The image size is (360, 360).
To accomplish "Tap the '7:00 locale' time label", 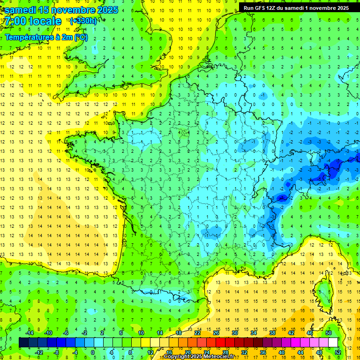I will (x=33, y=21).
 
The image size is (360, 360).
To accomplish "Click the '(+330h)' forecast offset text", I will (x=83, y=21).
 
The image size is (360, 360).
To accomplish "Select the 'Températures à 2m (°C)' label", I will (x=46, y=37).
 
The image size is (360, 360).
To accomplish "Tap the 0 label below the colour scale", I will (x=93, y=352).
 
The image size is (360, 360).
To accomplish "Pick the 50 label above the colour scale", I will (x=329, y=333).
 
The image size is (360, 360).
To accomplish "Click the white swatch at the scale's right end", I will (x=333, y=343).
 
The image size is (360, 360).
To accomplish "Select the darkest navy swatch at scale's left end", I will (x=23, y=343).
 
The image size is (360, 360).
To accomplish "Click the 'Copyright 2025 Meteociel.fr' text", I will (x=199, y=357).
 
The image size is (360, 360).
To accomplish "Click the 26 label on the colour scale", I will (x=216, y=333).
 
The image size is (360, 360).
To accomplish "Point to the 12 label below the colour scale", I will (x=150, y=352).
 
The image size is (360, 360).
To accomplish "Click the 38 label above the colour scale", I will (x=272, y=333).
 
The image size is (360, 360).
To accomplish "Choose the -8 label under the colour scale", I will (x=57, y=352).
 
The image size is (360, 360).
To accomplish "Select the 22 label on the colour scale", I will (x=197, y=333).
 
